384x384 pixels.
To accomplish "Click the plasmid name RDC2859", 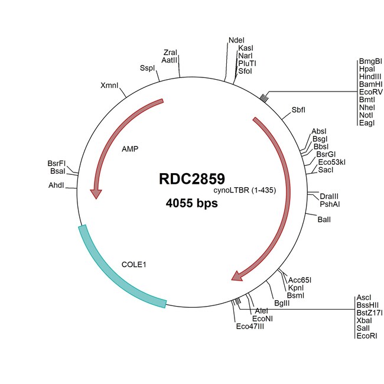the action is pyautogui.click(x=192, y=178).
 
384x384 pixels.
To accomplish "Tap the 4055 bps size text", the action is pyautogui.click(x=192, y=203).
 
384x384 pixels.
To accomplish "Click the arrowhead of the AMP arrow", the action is pyautogui.click(x=96, y=194).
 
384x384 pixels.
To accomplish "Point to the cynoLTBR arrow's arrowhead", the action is pyautogui.click(x=237, y=276).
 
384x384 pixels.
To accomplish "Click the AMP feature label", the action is pyautogui.click(x=130, y=149).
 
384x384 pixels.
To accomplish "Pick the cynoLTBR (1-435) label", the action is pyautogui.click(x=245, y=190).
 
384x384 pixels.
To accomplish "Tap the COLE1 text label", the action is pyautogui.click(x=134, y=265).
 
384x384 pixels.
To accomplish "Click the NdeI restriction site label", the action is pyautogui.click(x=236, y=40).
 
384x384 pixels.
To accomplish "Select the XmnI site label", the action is pyautogui.click(x=109, y=86).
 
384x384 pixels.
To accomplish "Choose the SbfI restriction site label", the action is pyautogui.click(x=298, y=110).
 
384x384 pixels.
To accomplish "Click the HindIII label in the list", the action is pyautogui.click(x=370, y=77).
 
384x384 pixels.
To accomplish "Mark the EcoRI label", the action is pyautogui.click(x=367, y=336).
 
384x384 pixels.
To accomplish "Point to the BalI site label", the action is pyautogui.click(x=324, y=220).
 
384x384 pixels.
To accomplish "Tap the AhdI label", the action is pyautogui.click(x=56, y=186).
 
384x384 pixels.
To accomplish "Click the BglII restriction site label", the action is pyautogui.click(x=282, y=303).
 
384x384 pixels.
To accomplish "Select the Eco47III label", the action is pyautogui.click(x=250, y=327).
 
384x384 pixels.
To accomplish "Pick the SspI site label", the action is pyautogui.click(x=147, y=68).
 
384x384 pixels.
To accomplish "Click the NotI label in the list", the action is pyautogui.click(x=366, y=115).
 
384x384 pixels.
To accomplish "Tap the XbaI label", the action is pyautogui.click(x=364, y=321).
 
